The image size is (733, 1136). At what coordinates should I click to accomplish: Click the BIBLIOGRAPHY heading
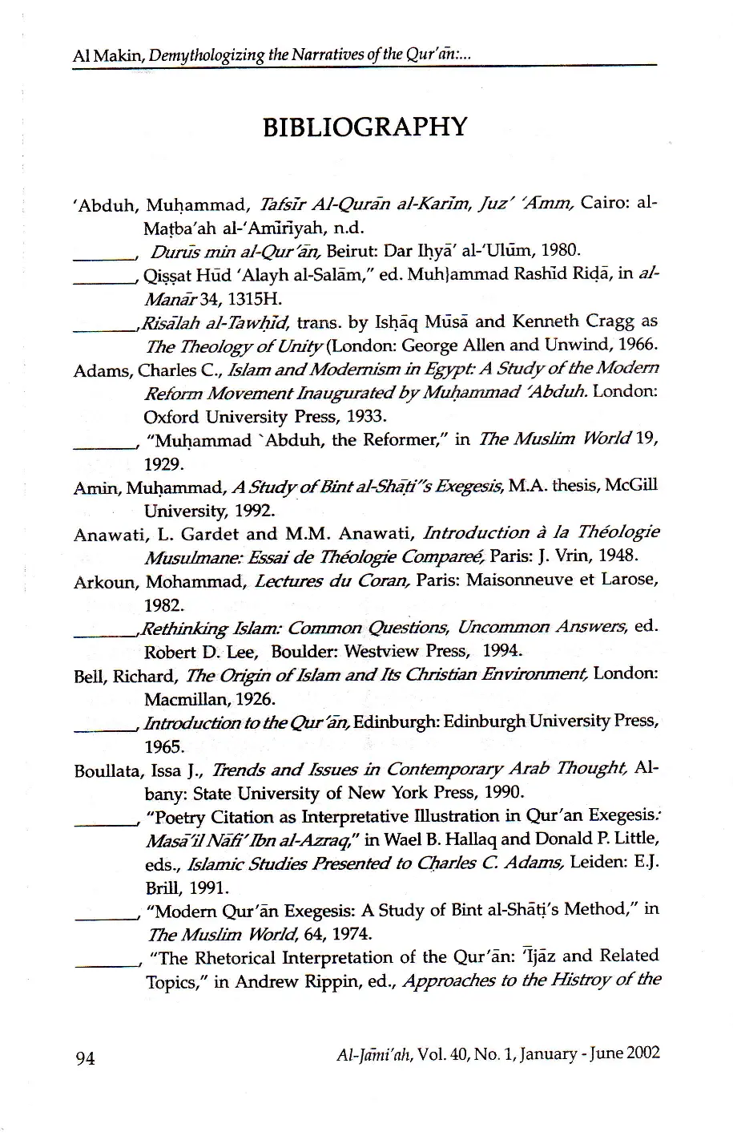pos(364,127)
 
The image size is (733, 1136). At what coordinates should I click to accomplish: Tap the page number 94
pos(85,1058)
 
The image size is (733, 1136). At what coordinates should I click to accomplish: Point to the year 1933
pos(367,417)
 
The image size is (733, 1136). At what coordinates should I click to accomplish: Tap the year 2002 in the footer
pos(642,1053)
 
